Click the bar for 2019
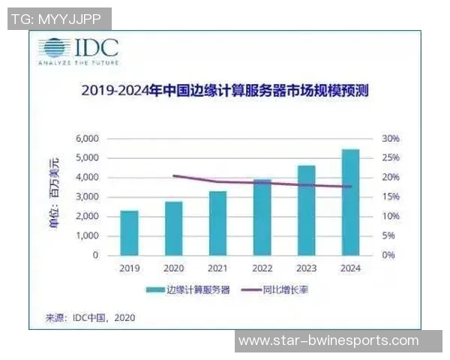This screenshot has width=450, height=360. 129,233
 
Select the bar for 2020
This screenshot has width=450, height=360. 173,228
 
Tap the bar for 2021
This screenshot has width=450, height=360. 217,223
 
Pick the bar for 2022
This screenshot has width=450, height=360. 262,217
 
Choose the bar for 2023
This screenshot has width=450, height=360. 306,211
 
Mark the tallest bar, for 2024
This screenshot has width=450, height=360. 350,202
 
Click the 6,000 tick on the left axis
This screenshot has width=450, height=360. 87,139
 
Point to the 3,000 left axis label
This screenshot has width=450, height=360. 87,197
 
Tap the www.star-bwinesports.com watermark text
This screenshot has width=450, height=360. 338,341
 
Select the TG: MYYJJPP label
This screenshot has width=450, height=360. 58,19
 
